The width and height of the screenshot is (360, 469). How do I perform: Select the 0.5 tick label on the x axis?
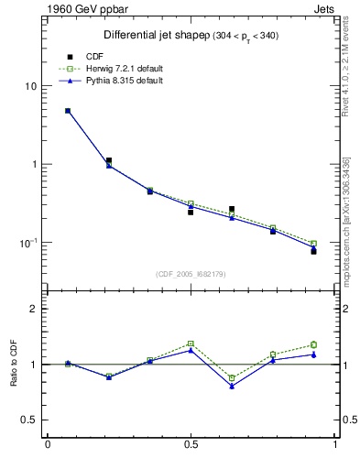tap(191, 446)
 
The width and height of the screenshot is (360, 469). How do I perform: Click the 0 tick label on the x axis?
tap(48, 446)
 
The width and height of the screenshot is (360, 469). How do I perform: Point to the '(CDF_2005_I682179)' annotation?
tap(191, 274)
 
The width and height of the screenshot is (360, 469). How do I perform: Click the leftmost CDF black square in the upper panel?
tap(68, 111)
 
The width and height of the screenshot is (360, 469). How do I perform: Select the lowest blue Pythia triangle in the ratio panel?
tap(232, 387)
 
